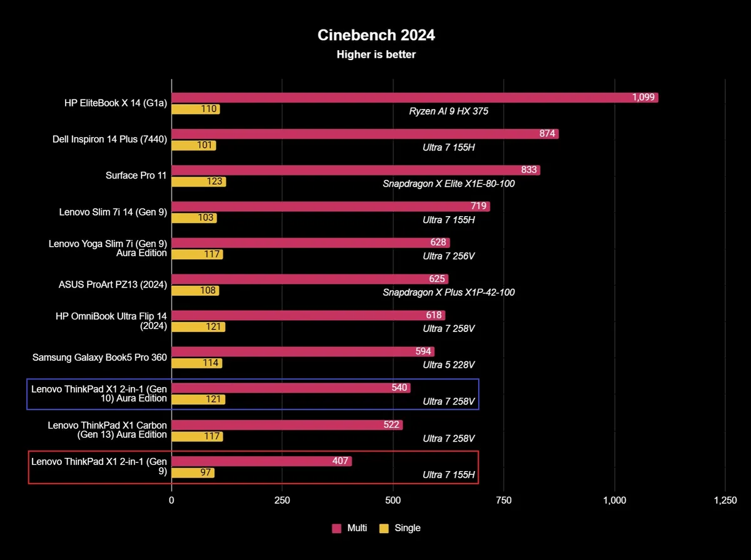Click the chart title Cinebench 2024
376,35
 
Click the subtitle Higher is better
376,54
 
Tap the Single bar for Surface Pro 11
198,182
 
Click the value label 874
548,134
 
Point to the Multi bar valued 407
262,461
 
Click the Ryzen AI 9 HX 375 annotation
449,111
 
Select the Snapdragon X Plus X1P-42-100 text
449,292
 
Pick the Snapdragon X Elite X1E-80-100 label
449,184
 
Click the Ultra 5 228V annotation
449,365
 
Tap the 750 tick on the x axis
504,500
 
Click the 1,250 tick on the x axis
725,500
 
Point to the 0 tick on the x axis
171,500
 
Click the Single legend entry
401,528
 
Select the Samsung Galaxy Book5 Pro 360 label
100,358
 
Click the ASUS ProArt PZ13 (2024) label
113,285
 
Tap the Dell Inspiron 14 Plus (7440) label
110,140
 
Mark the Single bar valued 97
193,472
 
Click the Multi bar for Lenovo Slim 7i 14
330,207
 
